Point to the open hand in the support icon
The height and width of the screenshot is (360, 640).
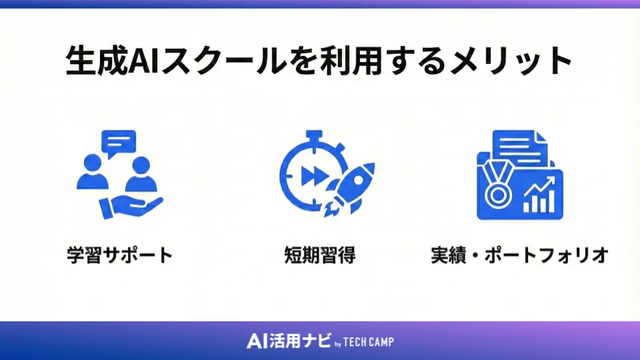(x=133, y=207)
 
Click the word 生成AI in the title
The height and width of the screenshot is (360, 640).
(x=110, y=62)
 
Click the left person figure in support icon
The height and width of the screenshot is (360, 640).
(x=94, y=173)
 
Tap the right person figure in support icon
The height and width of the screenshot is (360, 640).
(x=142, y=173)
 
